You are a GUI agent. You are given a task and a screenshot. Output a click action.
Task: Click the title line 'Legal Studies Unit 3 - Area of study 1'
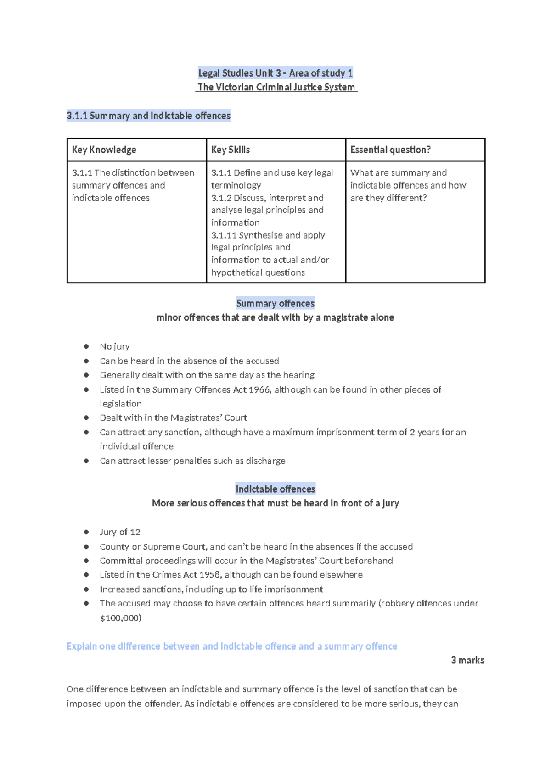(275, 73)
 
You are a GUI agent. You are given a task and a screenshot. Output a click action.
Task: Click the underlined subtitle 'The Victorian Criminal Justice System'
(276, 87)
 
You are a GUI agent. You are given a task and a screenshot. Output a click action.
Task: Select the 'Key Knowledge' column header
(104, 150)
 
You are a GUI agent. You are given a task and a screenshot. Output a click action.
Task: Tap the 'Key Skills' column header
(231, 150)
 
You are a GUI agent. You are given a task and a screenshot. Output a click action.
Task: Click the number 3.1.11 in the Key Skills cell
(224, 235)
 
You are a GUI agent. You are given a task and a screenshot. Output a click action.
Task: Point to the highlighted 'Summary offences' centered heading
(275, 303)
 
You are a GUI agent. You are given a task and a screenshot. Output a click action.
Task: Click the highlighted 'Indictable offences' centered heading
(275, 489)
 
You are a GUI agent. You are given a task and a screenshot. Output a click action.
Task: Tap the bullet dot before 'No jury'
(86, 346)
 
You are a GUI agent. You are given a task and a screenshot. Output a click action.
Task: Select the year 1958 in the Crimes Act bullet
(209, 575)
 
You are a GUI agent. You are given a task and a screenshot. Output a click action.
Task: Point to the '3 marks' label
(467, 660)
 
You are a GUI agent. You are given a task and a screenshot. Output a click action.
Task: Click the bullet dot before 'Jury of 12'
(86, 532)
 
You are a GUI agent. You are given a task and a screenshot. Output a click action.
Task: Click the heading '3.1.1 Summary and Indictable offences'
(149, 116)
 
